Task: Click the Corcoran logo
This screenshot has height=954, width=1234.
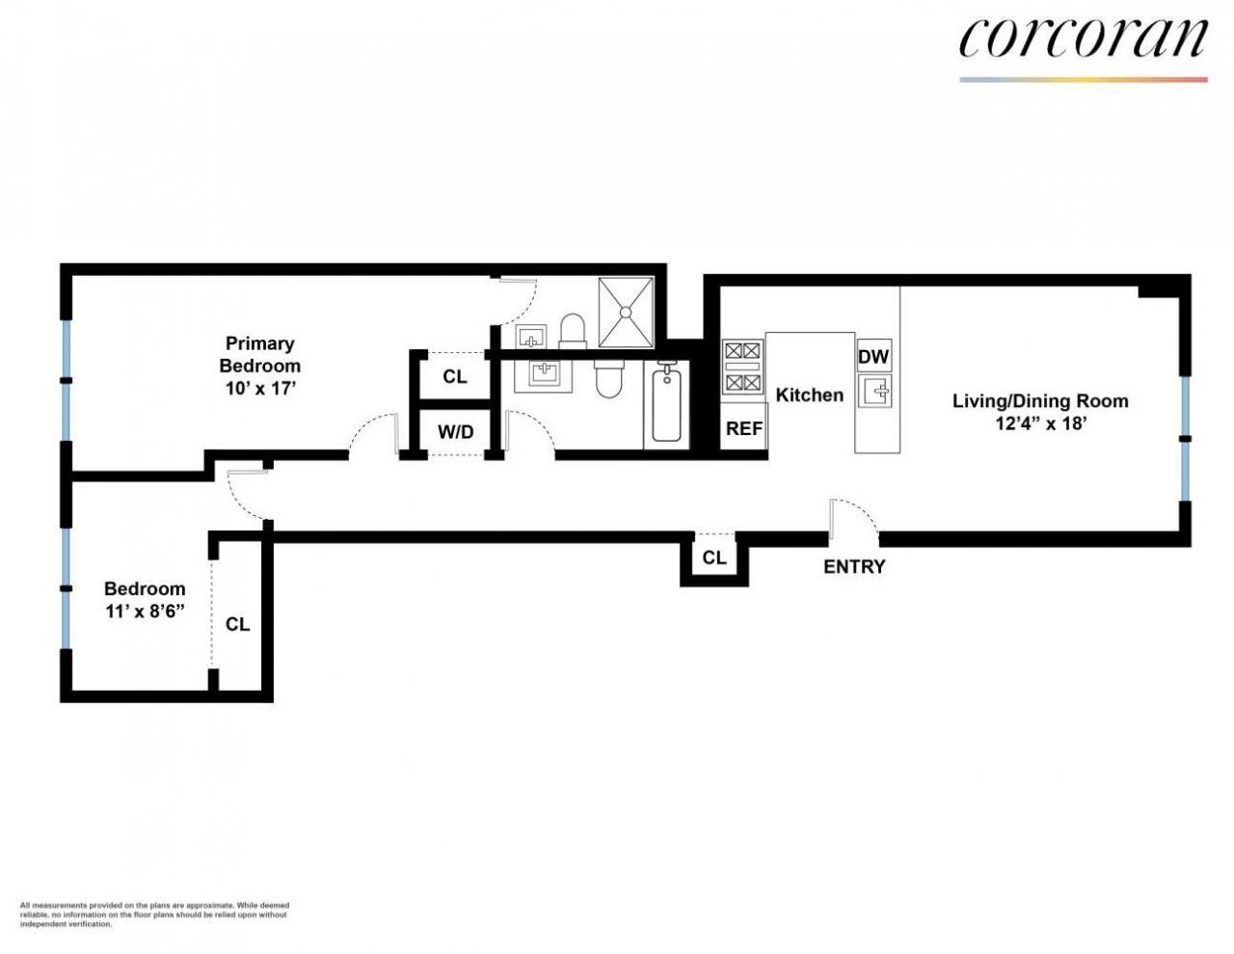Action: (1083, 39)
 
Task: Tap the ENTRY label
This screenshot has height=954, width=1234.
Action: (854, 566)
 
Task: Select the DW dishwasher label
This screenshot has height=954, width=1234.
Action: (873, 357)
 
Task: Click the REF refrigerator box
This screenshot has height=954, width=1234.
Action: (744, 426)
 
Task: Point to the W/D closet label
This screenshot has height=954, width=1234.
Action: (455, 432)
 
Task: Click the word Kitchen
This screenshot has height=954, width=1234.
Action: (809, 395)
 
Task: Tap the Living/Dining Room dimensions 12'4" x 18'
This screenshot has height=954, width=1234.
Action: (1040, 423)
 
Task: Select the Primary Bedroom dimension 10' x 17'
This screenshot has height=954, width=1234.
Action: (260, 389)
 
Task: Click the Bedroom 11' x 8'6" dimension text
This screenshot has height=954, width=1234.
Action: (146, 612)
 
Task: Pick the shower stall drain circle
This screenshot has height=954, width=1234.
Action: (626, 312)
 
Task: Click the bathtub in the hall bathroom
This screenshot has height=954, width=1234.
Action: (667, 404)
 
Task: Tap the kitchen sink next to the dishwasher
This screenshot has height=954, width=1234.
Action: (874, 391)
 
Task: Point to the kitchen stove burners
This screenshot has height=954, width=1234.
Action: (742, 368)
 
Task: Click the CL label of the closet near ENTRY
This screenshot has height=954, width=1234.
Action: (714, 558)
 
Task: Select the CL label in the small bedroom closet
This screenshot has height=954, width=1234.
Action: (237, 624)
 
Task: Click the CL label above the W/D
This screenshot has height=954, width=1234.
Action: (455, 377)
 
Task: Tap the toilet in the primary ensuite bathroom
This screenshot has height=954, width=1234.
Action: (573, 331)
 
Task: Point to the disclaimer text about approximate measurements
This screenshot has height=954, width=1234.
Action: (154, 914)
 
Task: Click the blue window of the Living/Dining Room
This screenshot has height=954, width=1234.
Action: (1185, 439)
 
